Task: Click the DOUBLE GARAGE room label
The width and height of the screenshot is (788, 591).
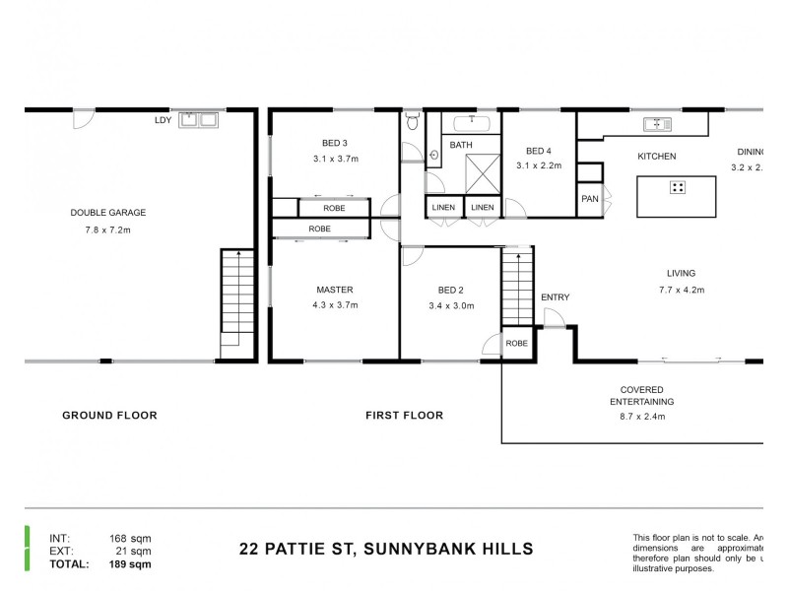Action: pyautogui.click(x=107, y=212)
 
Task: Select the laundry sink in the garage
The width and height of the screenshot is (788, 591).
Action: pyautogui.click(x=197, y=121)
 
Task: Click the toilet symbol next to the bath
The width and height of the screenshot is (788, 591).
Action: pyautogui.click(x=412, y=123)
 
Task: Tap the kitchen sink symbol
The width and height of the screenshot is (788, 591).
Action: pyautogui.click(x=656, y=124)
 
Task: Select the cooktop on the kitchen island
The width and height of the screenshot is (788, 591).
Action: pyautogui.click(x=678, y=186)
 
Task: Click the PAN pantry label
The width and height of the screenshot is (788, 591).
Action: pyautogui.click(x=589, y=199)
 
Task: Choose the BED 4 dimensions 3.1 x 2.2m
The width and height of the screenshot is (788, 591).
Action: pyautogui.click(x=538, y=165)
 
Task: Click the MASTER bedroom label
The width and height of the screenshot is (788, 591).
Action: pyautogui.click(x=335, y=290)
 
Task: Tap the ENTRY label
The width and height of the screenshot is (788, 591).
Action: pyautogui.click(x=555, y=297)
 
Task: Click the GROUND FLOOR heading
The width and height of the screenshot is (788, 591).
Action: pyautogui.click(x=109, y=416)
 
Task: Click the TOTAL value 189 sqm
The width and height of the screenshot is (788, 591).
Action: pyautogui.click(x=130, y=564)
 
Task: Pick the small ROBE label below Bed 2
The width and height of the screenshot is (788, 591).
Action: pyautogui.click(x=516, y=344)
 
